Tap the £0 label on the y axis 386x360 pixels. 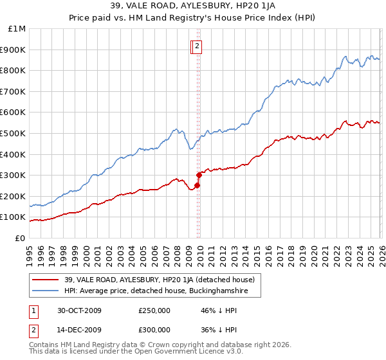(x=20, y=239)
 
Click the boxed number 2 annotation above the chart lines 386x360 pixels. (x=197, y=46)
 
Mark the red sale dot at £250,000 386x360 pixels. (x=198, y=186)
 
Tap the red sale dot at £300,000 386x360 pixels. (x=199, y=175)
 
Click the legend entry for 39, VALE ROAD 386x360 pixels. (x=162, y=280)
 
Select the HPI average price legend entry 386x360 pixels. (x=161, y=291)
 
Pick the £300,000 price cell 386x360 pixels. (x=154, y=330)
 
